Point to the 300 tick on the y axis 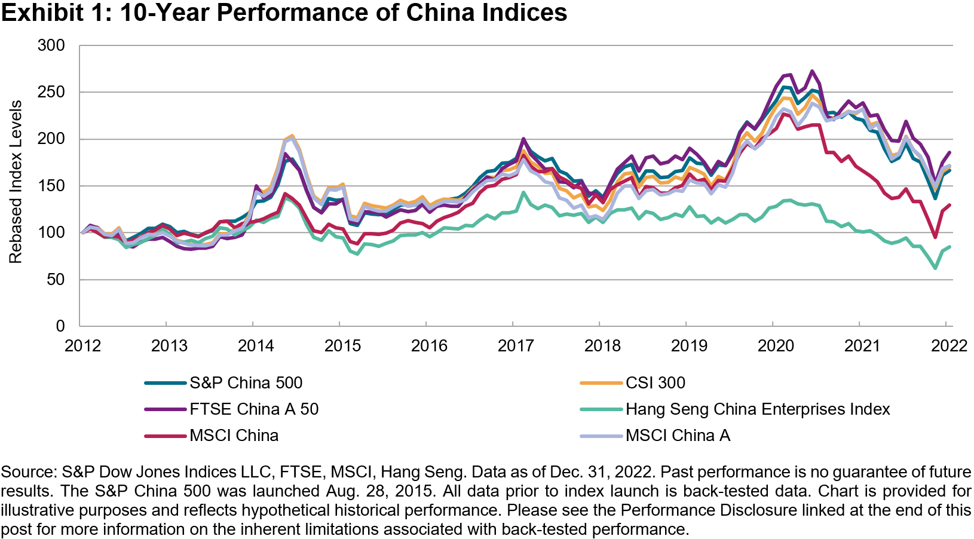pos(51,45)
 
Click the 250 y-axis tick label pos(51,92)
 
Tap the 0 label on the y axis pos(60,326)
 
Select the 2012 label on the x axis pos(82,345)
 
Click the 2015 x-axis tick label pos(342,345)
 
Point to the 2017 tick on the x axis pos(516,345)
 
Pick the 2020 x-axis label pos(776,345)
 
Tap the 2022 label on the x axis pos(949,345)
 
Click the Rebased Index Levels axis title pos(16,182)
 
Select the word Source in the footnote pos(28,472)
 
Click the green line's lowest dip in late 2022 pos(935,268)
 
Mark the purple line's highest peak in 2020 pos(812,71)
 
